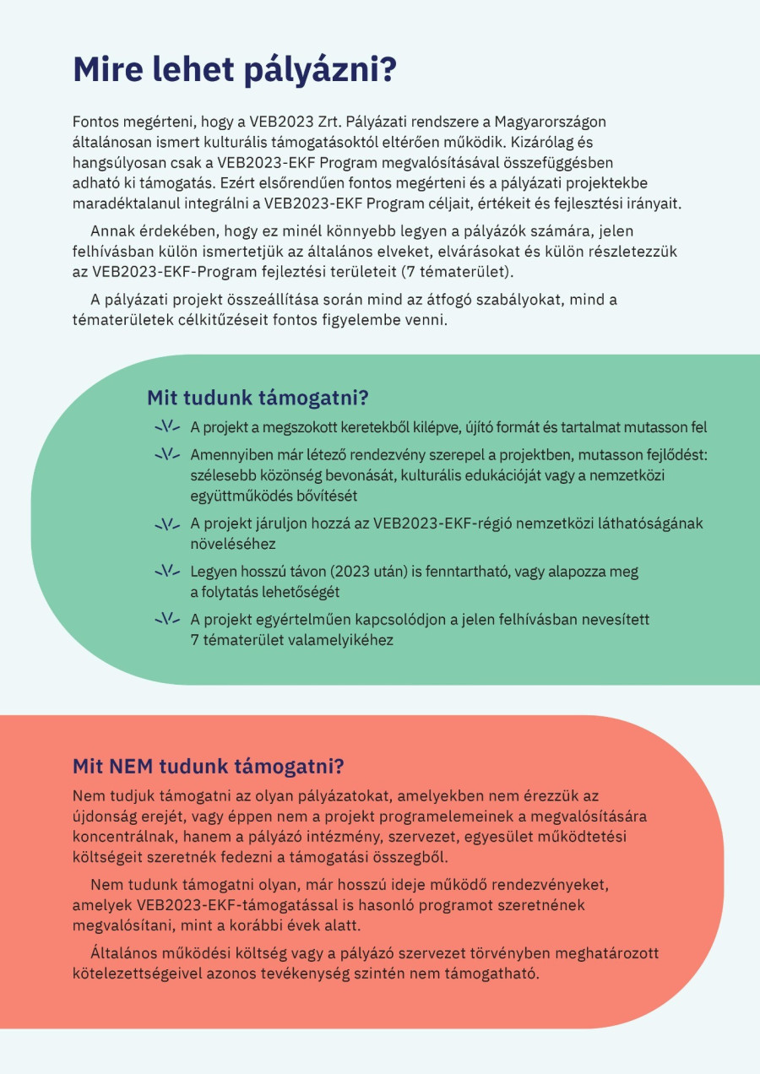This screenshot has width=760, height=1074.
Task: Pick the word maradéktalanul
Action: (x=127, y=203)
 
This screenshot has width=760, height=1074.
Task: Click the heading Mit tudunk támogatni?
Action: (x=258, y=398)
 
